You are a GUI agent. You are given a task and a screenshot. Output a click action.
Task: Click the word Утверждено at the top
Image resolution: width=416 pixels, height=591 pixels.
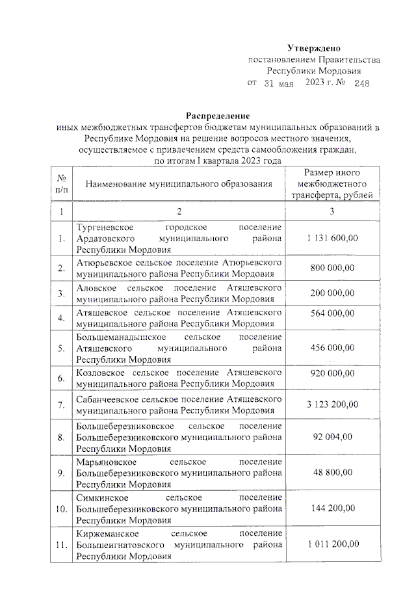(314, 48)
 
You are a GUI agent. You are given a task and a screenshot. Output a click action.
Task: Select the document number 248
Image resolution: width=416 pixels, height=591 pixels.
(357, 84)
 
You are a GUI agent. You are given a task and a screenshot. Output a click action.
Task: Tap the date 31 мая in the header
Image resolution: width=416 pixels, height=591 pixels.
(279, 84)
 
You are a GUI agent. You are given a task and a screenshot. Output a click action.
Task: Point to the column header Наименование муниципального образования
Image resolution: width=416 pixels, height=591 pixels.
(178, 185)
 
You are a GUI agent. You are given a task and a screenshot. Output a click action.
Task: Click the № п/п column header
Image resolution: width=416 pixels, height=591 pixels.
(62, 184)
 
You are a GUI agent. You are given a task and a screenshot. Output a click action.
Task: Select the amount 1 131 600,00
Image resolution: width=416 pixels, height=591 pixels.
(331, 239)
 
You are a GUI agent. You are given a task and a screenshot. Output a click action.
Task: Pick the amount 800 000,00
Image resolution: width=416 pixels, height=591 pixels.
(331, 267)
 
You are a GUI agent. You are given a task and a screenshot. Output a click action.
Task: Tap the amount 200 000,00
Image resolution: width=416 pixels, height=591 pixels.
(331, 293)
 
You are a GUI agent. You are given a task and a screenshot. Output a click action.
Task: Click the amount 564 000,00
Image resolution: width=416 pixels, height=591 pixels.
(331, 318)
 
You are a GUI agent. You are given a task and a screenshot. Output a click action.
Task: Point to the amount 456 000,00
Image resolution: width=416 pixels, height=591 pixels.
(331, 348)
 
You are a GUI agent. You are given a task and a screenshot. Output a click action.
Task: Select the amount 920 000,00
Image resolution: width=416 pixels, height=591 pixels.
(331, 378)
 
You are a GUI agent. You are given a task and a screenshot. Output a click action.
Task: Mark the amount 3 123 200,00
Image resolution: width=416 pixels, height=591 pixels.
(331, 404)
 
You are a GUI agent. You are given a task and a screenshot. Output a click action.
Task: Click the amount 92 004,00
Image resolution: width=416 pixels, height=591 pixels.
(331, 437)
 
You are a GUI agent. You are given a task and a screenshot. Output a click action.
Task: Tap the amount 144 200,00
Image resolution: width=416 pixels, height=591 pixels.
(331, 508)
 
